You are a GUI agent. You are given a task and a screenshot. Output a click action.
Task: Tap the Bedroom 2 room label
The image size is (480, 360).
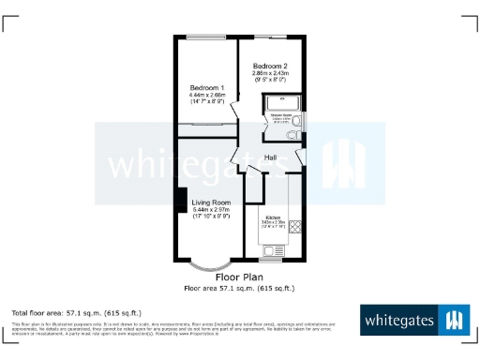tap(270, 66)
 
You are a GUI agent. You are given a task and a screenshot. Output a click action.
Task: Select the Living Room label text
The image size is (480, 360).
tap(211, 202)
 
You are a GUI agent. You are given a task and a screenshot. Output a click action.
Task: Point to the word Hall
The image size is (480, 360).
tap(270, 157)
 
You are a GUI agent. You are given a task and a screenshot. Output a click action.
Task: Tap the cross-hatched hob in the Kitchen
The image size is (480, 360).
tap(295, 226)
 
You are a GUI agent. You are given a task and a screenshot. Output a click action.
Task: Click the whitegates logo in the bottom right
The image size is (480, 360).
tap(412, 321)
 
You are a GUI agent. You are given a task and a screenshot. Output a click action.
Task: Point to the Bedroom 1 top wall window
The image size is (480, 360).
tap(205, 37)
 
